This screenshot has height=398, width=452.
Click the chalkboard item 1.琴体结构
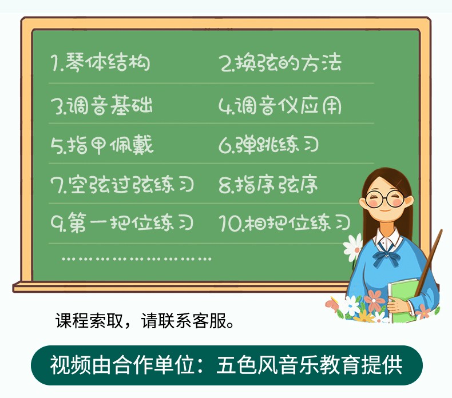(101, 62)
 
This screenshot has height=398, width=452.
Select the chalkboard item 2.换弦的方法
(280, 62)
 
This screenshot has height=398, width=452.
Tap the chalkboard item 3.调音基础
(101, 105)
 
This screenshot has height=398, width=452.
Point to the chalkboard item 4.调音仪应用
(280, 105)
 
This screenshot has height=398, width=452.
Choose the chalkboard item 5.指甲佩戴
(102, 145)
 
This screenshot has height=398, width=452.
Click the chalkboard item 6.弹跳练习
(269, 145)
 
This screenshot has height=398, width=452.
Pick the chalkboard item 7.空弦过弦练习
(122, 185)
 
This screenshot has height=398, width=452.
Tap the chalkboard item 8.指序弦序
(268, 185)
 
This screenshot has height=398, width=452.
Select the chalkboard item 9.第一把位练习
(122, 222)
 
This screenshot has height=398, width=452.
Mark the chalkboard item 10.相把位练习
(284, 222)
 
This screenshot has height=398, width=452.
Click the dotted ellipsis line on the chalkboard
(137, 259)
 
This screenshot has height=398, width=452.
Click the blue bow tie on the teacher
(386, 256)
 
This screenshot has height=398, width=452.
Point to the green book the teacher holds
(403, 300)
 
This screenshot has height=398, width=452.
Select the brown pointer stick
(429, 262)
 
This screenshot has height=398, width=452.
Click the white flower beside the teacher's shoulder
(353, 247)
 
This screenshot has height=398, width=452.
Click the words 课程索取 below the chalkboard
(89, 320)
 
